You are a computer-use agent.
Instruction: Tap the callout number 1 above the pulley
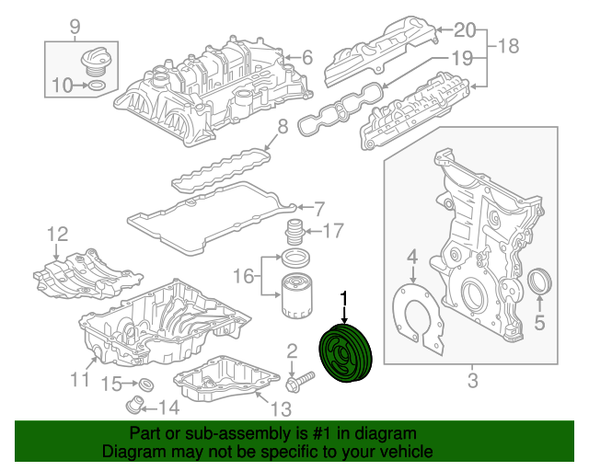[x=345, y=298]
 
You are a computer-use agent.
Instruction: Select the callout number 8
[x=283, y=125]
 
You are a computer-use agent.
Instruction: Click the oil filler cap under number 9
[x=94, y=63]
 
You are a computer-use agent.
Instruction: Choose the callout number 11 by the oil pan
[x=80, y=378]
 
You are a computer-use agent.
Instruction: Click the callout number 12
[x=57, y=234]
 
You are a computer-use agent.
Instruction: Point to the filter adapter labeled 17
[x=295, y=232]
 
